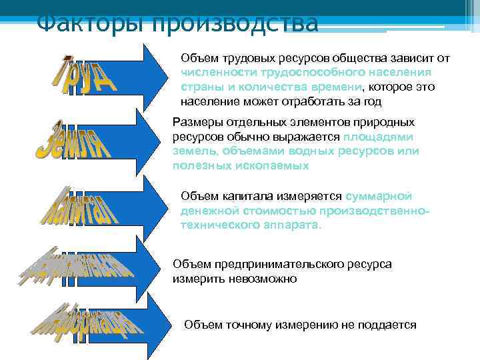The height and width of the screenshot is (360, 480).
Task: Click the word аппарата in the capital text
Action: [x=291, y=225]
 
